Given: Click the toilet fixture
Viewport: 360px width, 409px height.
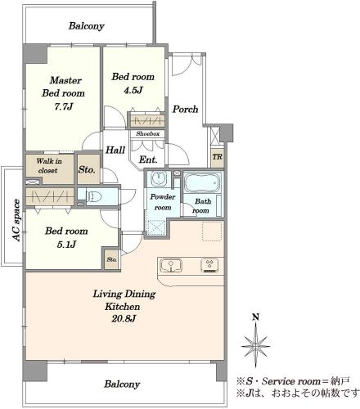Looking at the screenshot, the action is [93, 196].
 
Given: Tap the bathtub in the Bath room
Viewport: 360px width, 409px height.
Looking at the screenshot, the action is [202, 182].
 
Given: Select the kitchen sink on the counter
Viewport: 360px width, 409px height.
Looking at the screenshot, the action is [171, 265].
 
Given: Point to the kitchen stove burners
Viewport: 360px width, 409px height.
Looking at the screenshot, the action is [209, 266].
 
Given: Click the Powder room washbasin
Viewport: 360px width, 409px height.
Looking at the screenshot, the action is [157, 179].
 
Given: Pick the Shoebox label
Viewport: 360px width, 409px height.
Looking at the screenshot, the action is [148, 134].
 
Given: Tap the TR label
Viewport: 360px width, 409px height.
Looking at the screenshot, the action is [218, 157].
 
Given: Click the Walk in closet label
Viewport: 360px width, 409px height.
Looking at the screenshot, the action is [49, 166].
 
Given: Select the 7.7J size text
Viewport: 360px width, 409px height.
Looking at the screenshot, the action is [63, 106].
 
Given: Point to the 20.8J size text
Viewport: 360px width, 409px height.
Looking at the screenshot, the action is [124, 318].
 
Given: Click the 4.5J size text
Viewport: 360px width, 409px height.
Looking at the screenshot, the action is [133, 90].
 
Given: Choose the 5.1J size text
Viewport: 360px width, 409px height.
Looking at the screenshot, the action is [66, 245].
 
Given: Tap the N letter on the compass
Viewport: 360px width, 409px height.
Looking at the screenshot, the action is [255, 317].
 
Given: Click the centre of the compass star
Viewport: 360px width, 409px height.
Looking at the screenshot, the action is [256, 346].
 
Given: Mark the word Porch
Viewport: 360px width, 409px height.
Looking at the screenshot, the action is [185, 110].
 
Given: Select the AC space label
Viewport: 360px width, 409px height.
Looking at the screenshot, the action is [17, 221].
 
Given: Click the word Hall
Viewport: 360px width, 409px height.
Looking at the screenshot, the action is [115, 150].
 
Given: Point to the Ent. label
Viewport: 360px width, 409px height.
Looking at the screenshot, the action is [148, 160].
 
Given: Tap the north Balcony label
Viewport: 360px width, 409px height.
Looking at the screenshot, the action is [87, 26].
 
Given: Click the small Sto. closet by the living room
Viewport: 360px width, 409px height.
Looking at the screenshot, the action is [111, 259].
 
